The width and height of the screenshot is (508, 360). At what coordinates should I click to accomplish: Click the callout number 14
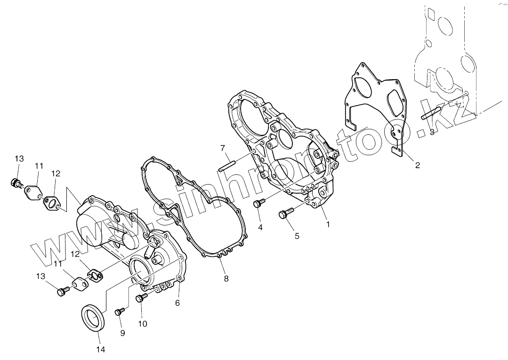pos(100,349)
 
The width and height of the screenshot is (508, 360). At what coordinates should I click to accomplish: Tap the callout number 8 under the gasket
pos(226,278)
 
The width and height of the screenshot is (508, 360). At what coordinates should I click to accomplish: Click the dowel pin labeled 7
pos(226,166)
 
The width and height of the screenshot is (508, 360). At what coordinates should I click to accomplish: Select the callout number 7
pos(223,148)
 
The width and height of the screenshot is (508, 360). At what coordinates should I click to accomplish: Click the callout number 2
pos(418,165)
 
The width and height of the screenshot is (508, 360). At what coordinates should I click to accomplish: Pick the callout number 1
pos(328,224)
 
